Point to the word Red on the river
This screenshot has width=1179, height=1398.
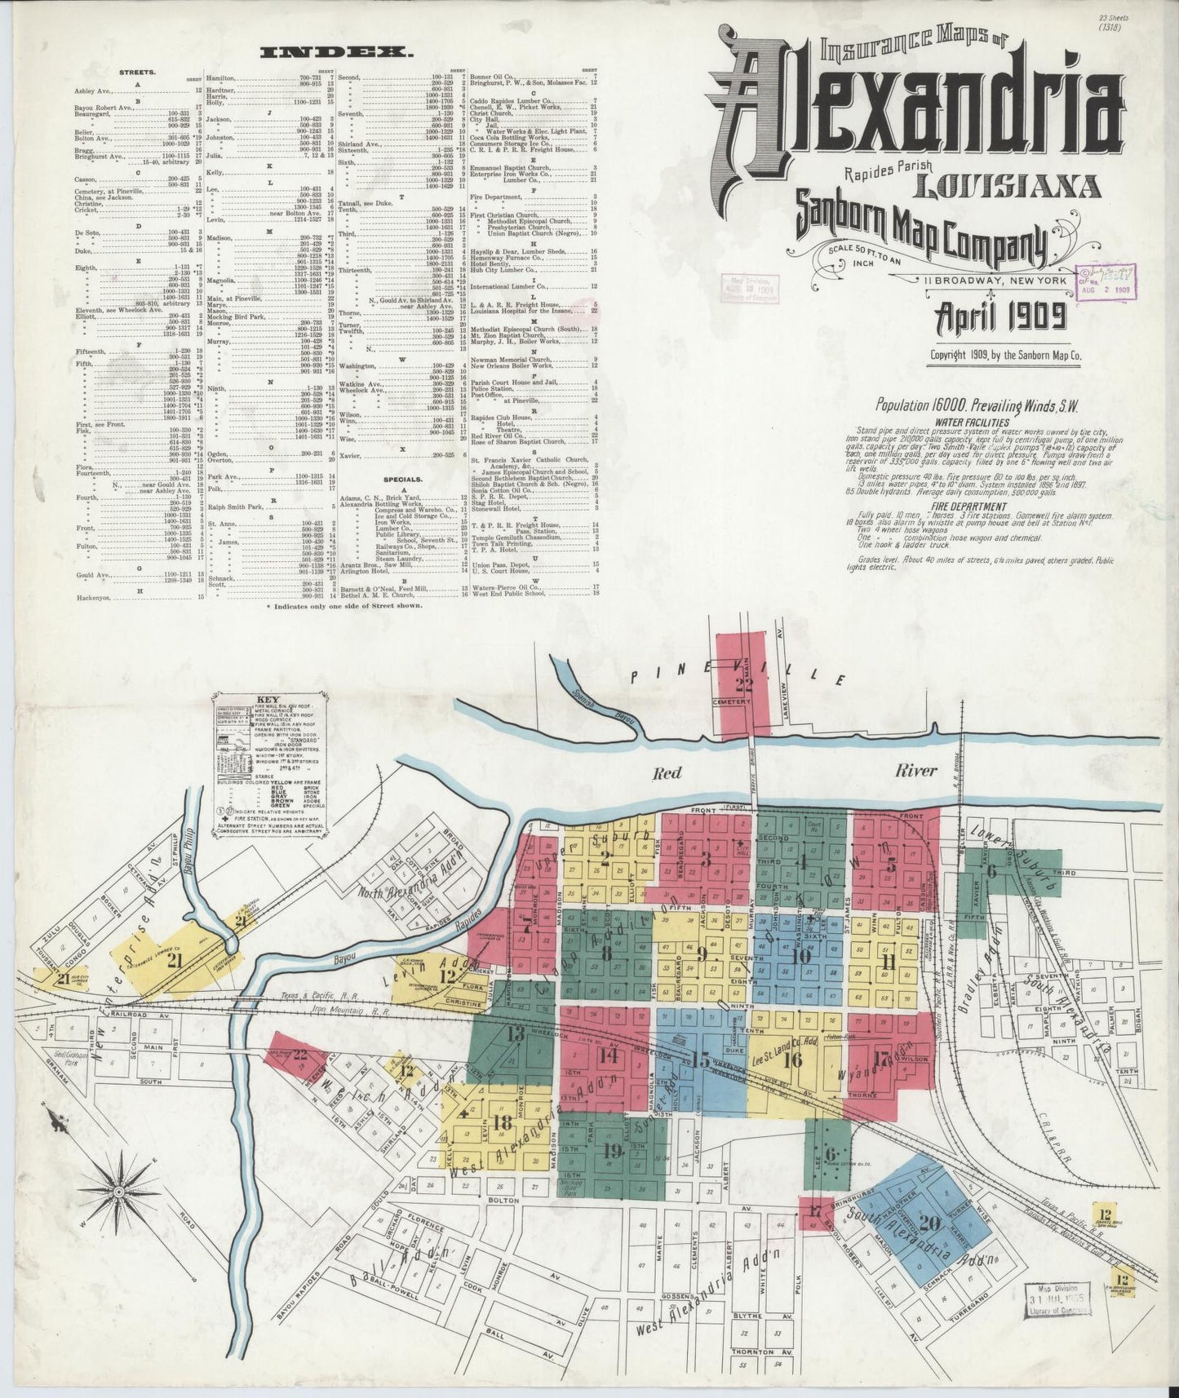pos(666,773)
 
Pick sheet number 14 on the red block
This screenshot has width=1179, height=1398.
pos(607,1055)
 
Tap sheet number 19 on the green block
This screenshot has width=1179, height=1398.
pos(612,1151)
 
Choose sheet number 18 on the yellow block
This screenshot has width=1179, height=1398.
pos(503,1122)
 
